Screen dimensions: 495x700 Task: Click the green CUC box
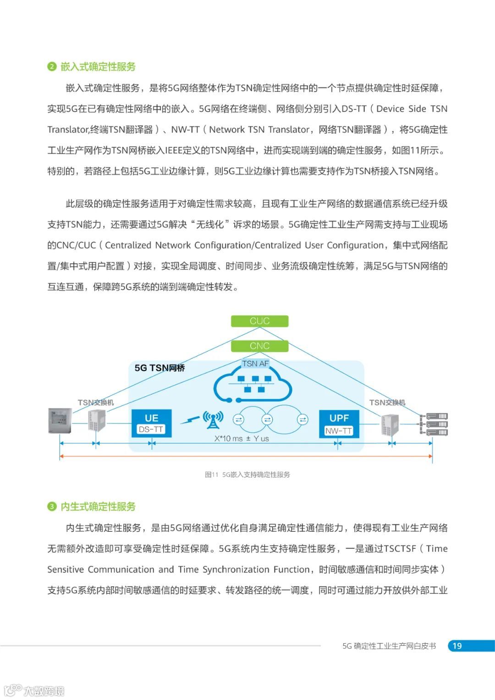click(x=259, y=321)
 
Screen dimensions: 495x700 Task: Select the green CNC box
click(x=259, y=346)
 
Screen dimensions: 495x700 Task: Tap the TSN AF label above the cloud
click(x=255, y=364)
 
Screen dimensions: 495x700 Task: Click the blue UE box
click(x=151, y=419)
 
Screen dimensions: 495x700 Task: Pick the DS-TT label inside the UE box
click(x=151, y=430)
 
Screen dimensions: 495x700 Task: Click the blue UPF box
click(x=339, y=419)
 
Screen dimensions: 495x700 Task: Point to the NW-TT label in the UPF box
click(x=339, y=431)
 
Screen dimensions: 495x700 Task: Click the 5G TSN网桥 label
click(x=159, y=368)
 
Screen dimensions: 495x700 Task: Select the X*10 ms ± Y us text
click(x=242, y=439)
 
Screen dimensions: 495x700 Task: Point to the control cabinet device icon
click(x=60, y=421)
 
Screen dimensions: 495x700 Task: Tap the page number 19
click(x=457, y=646)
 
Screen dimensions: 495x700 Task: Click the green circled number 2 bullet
click(x=52, y=66)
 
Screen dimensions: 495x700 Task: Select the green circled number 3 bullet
click(x=52, y=507)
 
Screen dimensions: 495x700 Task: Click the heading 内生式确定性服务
click(x=98, y=507)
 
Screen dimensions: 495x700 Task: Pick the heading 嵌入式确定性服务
click(x=98, y=66)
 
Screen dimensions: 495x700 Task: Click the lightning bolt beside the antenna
click(x=189, y=419)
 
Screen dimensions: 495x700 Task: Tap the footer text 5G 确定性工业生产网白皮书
click(x=389, y=646)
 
